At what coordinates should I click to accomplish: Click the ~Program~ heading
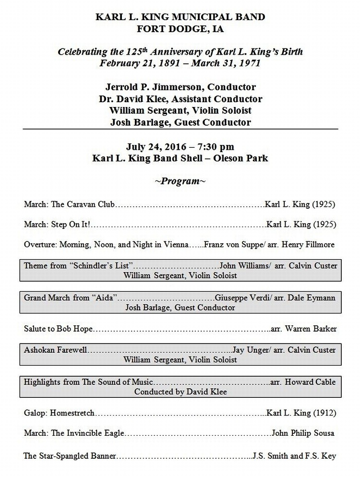pos(180,181)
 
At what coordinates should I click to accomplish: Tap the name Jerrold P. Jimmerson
pos(150,87)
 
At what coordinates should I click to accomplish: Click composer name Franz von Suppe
pos(231,244)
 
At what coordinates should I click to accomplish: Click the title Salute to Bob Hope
pos(58,329)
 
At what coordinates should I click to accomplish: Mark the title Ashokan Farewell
pos(56,350)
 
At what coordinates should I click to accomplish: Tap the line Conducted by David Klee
pos(180,392)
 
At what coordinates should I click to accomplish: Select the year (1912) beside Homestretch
pos(325,413)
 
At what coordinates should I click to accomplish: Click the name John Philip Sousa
pos(303,433)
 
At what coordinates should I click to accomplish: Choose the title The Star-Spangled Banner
pos(70,455)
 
